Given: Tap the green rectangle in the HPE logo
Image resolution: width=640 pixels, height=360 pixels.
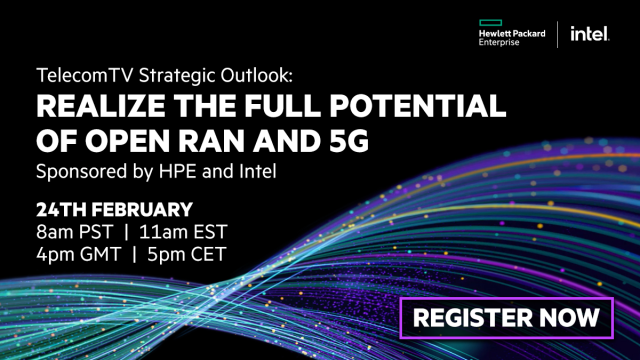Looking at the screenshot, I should coord(494,22).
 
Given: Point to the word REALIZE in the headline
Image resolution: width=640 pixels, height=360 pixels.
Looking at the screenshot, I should coord(89,107).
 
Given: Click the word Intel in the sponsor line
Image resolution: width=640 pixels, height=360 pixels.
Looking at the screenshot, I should coord(253,171).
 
